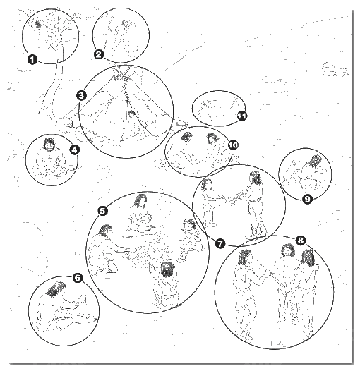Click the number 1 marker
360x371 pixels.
coord(32,59)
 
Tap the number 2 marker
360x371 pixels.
coord(99,54)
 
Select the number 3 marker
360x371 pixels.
coord(81,96)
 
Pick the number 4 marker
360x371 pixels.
coord(75,150)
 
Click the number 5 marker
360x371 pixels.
coord(102,211)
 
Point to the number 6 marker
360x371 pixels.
coord(78,278)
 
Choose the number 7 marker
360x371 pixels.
coord(220,243)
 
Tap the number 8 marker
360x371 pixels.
coord(300,241)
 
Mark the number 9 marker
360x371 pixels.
coord(307,199)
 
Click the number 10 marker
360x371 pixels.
coord(233,145)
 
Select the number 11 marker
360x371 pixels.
coord(242,116)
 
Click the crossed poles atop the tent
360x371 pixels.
coord(122,74)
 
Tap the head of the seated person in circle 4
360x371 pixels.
coord(49,144)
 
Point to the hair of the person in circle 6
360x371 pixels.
coord(56,289)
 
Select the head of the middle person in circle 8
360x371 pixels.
coord(287,250)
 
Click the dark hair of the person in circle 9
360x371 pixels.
coord(314,162)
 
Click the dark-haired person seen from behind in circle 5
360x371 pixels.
coord(166,285)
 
